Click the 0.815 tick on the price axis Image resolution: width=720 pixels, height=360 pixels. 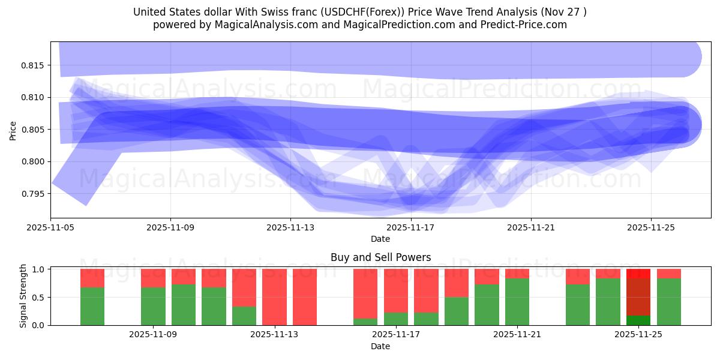pos(34,65)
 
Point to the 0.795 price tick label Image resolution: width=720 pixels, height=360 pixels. pos(34,194)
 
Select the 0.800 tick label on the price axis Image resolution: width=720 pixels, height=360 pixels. pos(34,161)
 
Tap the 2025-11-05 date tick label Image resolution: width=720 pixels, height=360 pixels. pos(50,228)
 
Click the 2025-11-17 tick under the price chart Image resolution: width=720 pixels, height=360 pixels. pos(410,228)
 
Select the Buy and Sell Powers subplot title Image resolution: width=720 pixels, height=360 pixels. pos(380,257)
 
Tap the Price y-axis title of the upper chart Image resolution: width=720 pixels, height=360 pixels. pos(13,130)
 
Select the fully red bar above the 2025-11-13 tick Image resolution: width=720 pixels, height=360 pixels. pos(274,297)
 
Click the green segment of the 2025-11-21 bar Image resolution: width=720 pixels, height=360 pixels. pos(517,302)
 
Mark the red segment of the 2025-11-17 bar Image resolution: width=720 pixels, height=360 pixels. pos(395,290)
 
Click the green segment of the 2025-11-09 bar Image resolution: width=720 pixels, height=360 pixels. pos(153,307)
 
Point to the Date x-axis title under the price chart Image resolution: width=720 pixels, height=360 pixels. pos(380,239)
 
